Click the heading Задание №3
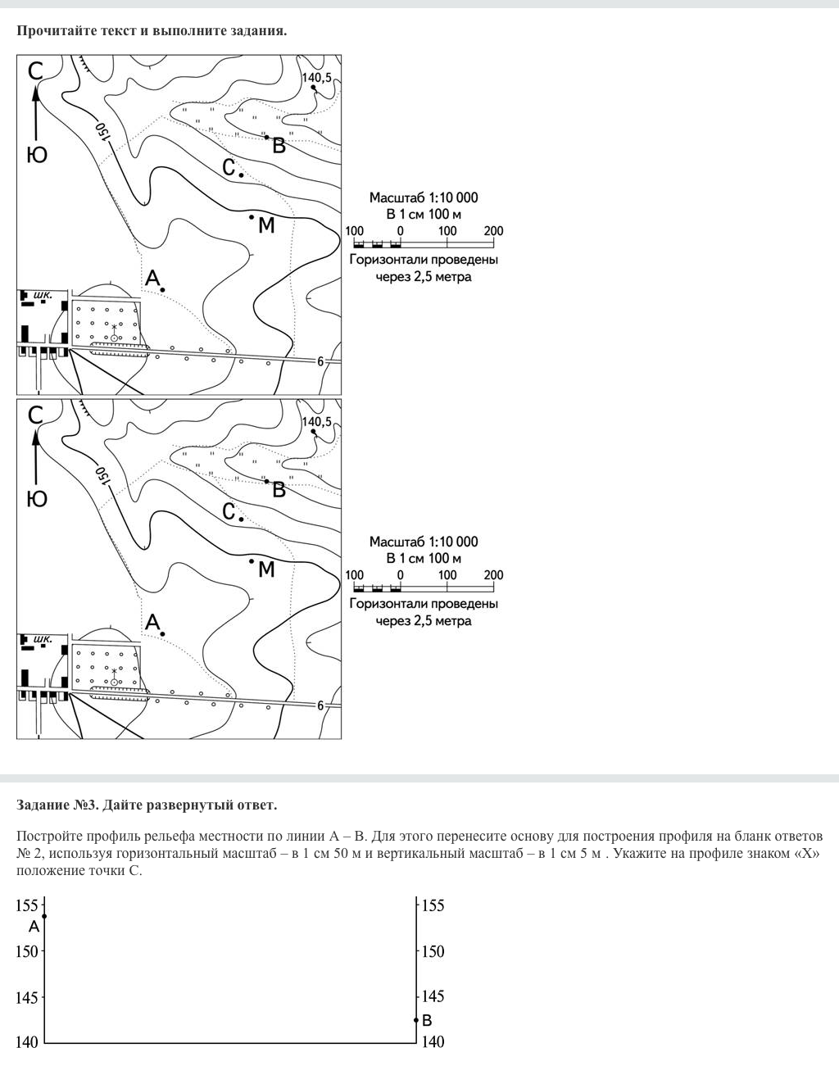coord(58,805)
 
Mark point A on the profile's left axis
coord(44,916)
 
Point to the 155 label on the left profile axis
coord(27,905)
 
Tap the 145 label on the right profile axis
coord(433,996)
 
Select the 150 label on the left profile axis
coord(27,951)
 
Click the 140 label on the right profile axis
coord(433,1042)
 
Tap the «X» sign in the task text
coord(805,854)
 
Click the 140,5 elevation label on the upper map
coord(316,78)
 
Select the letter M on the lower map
coord(266,569)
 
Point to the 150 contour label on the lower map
coord(102,476)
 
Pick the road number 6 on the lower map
coord(320,705)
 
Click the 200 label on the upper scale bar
coord(493,231)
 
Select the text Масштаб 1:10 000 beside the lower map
coord(424,542)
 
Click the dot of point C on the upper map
coord(242,175)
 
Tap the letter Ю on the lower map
coord(37,499)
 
